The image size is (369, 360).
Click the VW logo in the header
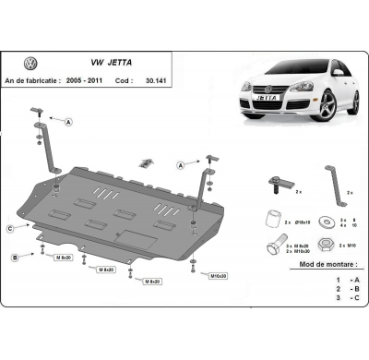coord(30,64)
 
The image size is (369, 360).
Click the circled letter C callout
coord(9,227)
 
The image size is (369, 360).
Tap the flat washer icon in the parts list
coord(327,222)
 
